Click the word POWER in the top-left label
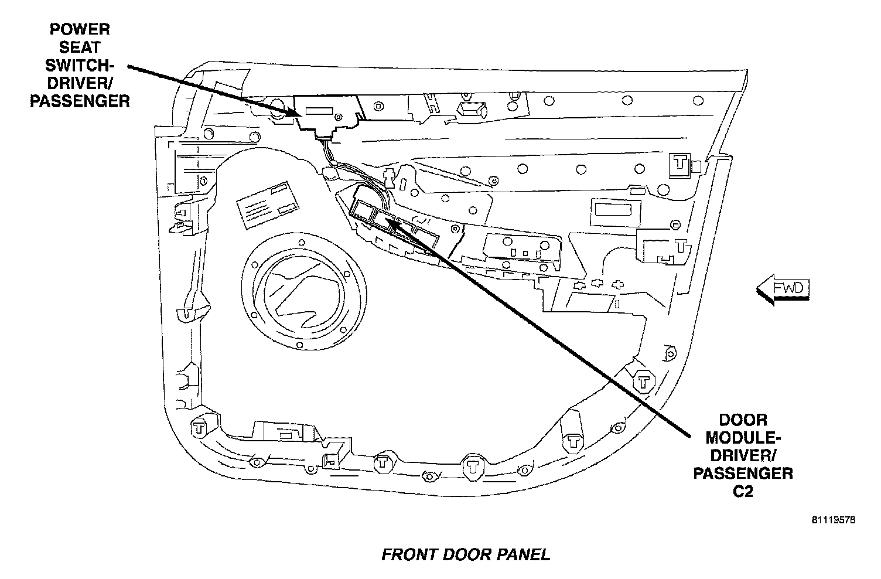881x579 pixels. (x=79, y=29)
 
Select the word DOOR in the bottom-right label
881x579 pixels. (x=743, y=420)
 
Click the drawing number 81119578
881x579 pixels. (x=834, y=519)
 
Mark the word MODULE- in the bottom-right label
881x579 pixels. (x=743, y=437)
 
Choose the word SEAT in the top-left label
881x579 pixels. (x=79, y=47)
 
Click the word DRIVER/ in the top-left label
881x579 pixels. (x=79, y=84)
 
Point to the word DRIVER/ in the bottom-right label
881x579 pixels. (x=743, y=455)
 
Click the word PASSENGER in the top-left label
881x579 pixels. (x=79, y=101)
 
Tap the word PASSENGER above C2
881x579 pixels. (x=743, y=474)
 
